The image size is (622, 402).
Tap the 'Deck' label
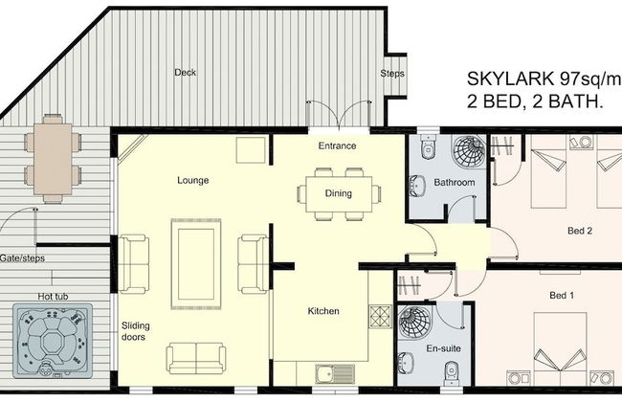pos(185,73)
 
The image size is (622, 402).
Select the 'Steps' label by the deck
pos(392,74)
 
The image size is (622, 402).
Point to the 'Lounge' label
pos(192,180)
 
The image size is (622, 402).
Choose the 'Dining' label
pos(338,193)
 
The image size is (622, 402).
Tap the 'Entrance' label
pos(337,146)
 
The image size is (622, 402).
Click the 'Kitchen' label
pos(323,311)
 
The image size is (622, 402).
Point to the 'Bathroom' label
pos(454,182)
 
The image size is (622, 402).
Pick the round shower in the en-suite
pos(416,323)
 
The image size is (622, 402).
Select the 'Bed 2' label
pos(580,231)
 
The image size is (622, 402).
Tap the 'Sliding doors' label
pos(135,331)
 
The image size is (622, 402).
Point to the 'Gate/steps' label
pos(22,257)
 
